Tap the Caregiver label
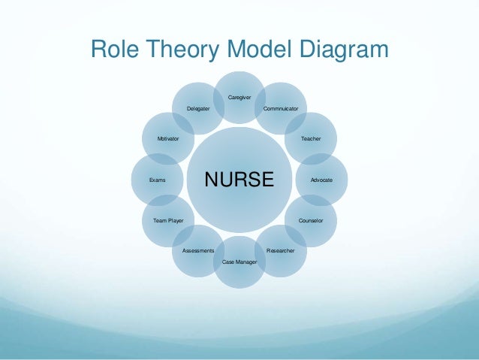[239, 97]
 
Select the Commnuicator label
[281, 110]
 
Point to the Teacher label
[311, 139]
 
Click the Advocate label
[321, 180]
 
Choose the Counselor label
[311, 221]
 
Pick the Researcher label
[281, 250]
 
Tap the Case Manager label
[239, 262]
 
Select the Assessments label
[198, 250]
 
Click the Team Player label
[168, 221]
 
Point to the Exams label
[157, 180]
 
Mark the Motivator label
[167, 139]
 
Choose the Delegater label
[198, 110]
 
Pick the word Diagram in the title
[344, 50]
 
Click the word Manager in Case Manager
[246, 262]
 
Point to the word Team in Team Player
[160, 221]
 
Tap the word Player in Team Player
[176, 221]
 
